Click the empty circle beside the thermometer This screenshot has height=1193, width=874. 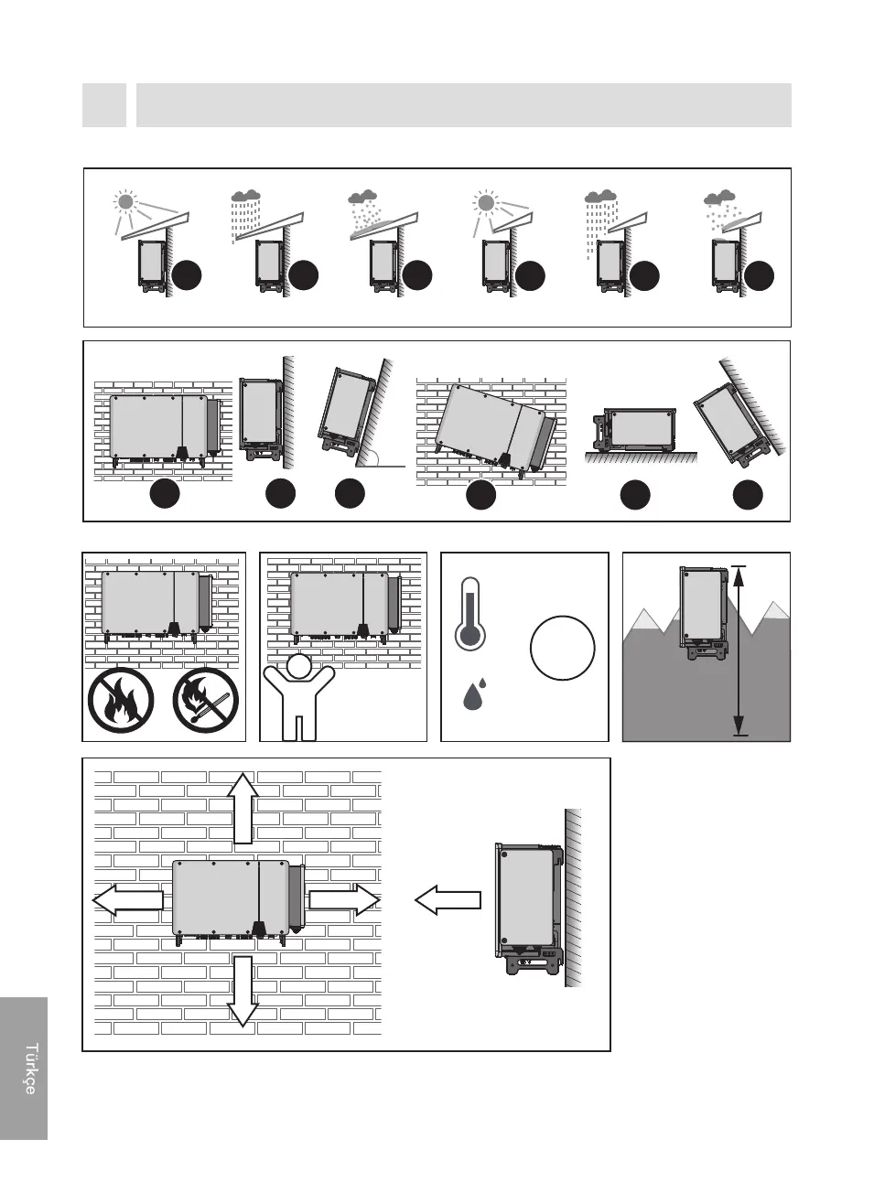click(x=562, y=648)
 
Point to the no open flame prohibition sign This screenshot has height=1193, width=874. click(x=121, y=701)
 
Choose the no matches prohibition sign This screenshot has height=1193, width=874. click(x=206, y=701)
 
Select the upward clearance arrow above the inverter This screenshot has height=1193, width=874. click(x=243, y=808)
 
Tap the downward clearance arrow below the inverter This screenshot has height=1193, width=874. click(x=243, y=990)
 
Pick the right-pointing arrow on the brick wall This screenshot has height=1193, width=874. click(x=344, y=900)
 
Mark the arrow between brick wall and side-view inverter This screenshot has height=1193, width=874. click(x=448, y=900)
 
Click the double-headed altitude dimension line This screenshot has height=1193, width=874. click(x=739, y=650)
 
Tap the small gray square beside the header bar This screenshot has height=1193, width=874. click(x=103, y=105)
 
